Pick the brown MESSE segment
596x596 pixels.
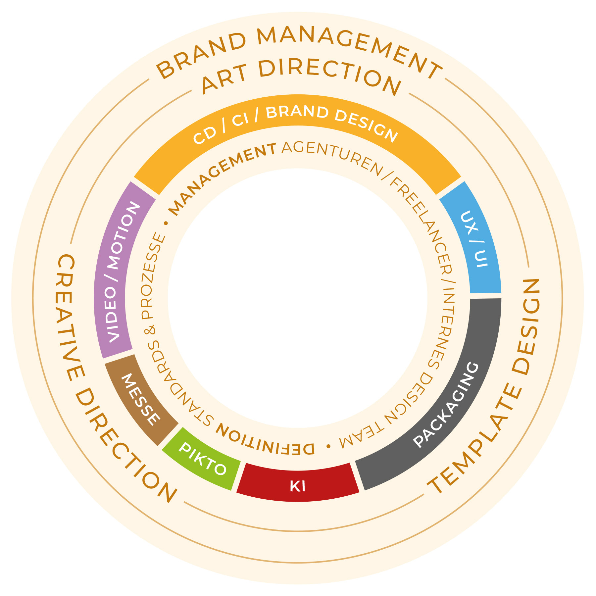pos(141,399)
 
